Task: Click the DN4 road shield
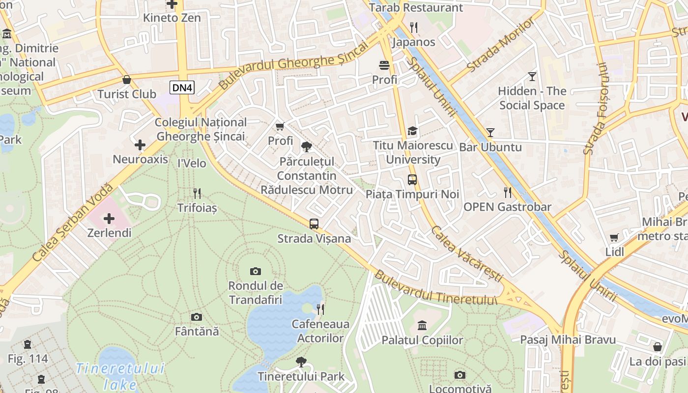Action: [182, 88]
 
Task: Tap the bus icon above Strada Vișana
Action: [314, 224]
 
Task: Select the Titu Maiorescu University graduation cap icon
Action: [412, 131]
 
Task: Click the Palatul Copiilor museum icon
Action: [422, 325]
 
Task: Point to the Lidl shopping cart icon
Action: [614, 238]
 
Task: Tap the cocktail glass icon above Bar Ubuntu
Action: [490, 132]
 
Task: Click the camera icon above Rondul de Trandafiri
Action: [255, 271]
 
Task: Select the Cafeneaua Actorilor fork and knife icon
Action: [320, 309]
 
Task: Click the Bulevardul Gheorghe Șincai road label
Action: [293, 65]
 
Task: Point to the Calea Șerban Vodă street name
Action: [73, 223]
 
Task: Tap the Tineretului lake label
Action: [120, 376]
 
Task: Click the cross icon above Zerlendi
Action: [109, 218]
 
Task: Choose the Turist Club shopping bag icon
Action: [127, 80]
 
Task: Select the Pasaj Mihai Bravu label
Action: [568, 339]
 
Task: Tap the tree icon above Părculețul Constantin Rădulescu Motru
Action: [307, 146]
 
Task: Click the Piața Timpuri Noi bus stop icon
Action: [412, 180]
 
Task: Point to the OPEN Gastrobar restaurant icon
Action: [508, 192]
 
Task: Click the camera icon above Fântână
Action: [197, 317]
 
